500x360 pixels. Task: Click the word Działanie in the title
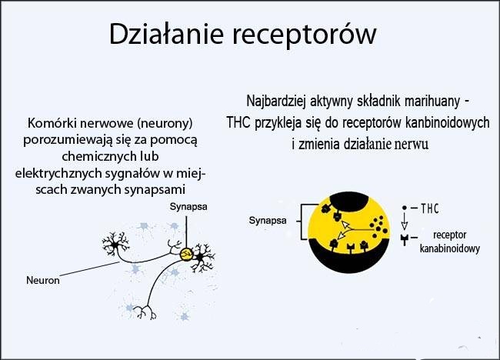point(166,34)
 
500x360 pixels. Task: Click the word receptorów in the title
point(304,35)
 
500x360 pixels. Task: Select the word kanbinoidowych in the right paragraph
point(447,123)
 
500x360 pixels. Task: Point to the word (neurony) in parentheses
point(165,123)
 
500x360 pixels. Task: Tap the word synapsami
point(155,190)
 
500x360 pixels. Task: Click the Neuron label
point(43,280)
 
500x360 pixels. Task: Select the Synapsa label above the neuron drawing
point(188,207)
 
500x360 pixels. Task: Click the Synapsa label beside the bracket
point(268,220)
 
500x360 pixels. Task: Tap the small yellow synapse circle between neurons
point(185,255)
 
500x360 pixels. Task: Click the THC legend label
point(430,208)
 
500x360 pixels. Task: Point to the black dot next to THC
point(405,208)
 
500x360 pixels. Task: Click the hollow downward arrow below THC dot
point(405,222)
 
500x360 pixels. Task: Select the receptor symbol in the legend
point(405,239)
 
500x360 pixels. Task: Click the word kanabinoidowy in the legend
point(450,248)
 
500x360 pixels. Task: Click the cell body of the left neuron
point(115,245)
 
